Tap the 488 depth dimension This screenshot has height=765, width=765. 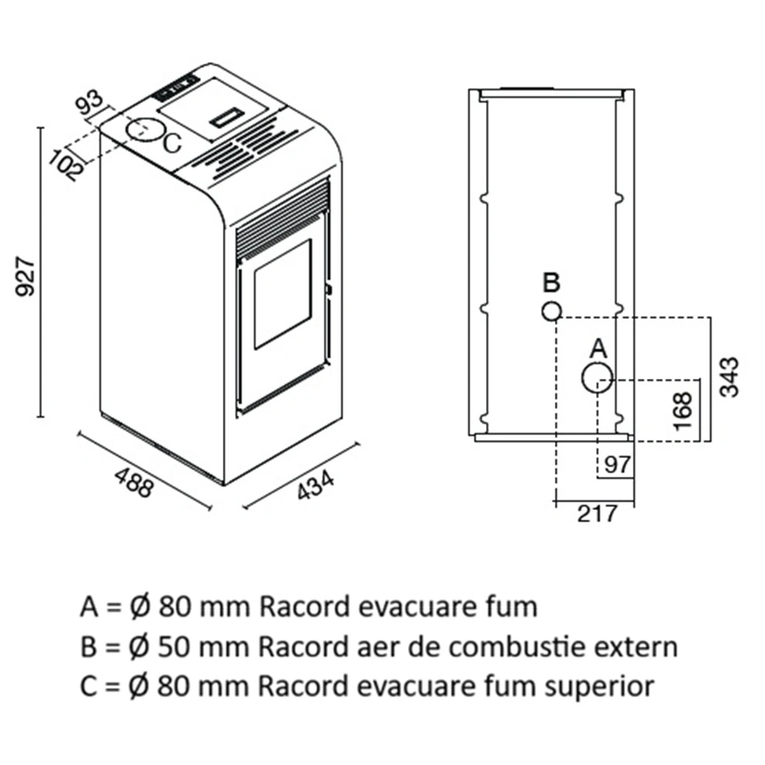click(x=134, y=482)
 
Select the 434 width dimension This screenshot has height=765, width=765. click(x=316, y=487)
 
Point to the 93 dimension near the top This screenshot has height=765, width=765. click(x=90, y=103)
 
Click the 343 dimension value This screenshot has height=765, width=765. click(x=727, y=376)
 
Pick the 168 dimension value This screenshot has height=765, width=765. click(x=683, y=410)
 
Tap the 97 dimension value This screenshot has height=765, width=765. click(x=617, y=464)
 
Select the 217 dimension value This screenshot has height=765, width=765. click(x=598, y=514)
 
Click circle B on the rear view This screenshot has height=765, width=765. click(x=551, y=311)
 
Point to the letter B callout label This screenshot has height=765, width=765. click(x=551, y=283)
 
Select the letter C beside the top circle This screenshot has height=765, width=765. click(x=172, y=143)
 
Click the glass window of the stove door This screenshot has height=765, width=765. click(x=282, y=293)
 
